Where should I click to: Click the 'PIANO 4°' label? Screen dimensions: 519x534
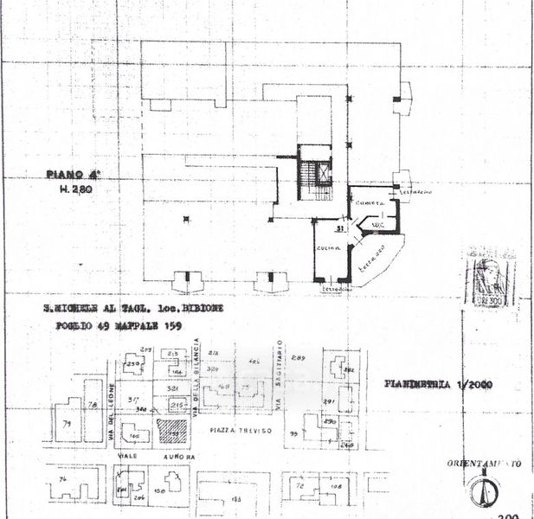68,174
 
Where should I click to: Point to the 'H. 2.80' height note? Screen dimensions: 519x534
75,188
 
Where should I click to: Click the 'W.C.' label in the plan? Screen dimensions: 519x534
376,224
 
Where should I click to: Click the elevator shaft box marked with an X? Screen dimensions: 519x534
324,171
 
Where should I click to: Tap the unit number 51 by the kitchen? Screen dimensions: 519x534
340,229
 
